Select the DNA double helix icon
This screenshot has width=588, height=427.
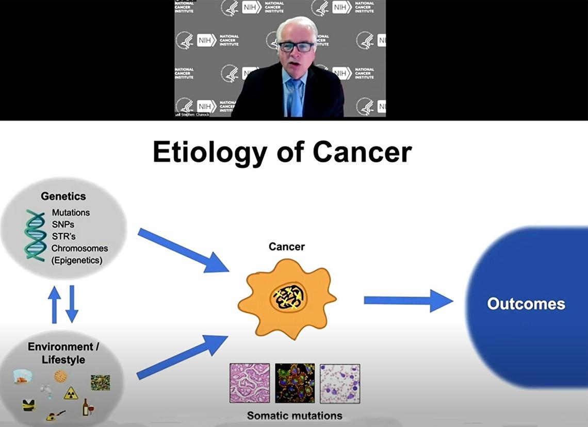pos(35,235)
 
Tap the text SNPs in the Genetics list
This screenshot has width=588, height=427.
pos(63,224)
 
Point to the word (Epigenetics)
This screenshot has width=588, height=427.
pos(77,260)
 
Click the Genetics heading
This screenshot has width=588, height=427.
pos(63,196)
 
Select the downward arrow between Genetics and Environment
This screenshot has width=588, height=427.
pos(72,303)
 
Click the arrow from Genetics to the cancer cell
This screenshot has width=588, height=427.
pos(183,251)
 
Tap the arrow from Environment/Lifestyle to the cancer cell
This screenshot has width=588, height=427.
pos(182,356)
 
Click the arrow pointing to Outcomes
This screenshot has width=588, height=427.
pos(407,300)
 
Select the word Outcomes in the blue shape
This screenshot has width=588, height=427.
pos(526,304)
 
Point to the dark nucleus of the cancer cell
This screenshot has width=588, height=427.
pos(288,297)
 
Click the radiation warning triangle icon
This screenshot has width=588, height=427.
pos(71,393)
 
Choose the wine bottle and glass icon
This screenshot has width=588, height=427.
pos(87,407)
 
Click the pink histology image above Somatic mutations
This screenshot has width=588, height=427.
pos(249,383)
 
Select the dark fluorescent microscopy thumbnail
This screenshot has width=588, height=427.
pos(295,383)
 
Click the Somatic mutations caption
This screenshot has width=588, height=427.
pos(294,415)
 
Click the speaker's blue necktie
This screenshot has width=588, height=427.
pos(296,98)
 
